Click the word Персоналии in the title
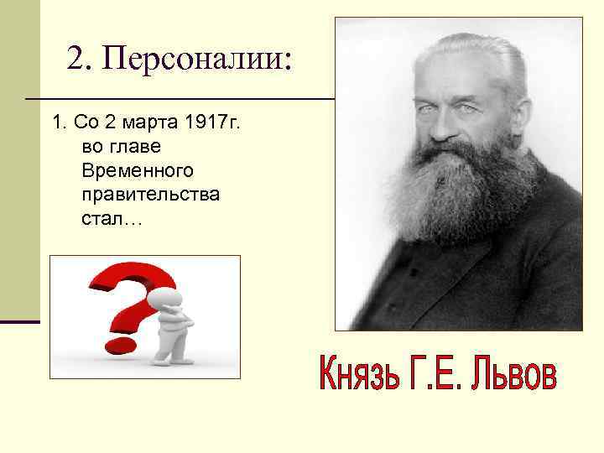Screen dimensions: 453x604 204,59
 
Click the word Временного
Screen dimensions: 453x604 138,171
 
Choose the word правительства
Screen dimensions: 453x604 151,195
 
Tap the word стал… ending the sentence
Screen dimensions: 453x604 112,220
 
